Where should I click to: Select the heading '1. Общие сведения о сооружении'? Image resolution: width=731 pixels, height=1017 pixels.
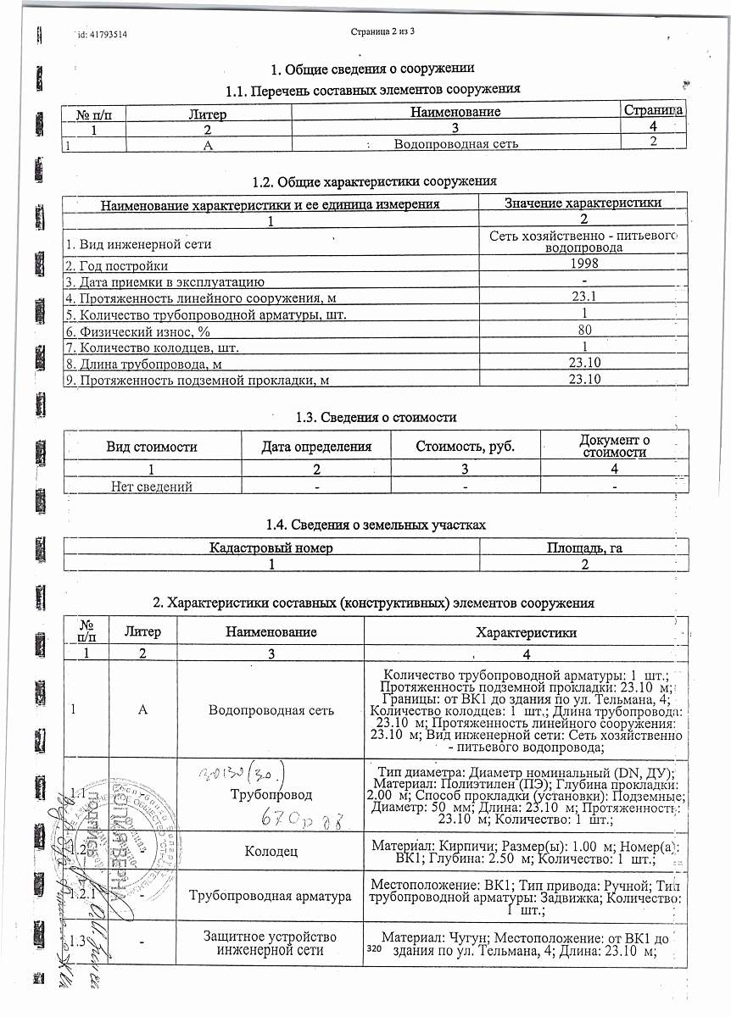(371, 69)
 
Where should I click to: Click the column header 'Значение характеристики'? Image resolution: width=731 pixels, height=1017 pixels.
(583, 203)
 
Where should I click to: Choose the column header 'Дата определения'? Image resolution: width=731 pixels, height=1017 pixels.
(316, 447)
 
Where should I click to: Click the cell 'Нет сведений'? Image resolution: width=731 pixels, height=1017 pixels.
(153, 486)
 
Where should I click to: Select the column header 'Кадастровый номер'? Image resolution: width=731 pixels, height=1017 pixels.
(271, 548)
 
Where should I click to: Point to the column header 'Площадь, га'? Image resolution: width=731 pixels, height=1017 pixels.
(584, 548)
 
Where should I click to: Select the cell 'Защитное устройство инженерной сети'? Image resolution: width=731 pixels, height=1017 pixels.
(271, 943)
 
